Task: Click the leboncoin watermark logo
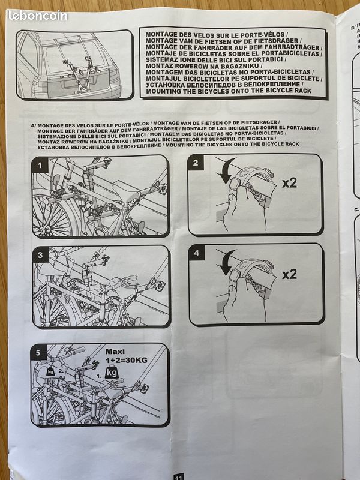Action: [x=38, y=16]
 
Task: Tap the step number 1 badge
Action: [x=40, y=166]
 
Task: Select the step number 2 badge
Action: [x=196, y=163]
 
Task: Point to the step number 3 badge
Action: [x=40, y=254]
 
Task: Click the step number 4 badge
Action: [x=196, y=253]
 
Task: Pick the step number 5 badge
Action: [x=38, y=352]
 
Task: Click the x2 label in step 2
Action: [x=289, y=183]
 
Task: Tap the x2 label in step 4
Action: [x=289, y=274]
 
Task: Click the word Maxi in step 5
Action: [x=115, y=352]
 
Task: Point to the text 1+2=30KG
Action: [x=126, y=360]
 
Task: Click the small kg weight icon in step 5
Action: [x=51, y=371]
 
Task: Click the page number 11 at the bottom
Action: [x=178, y=477]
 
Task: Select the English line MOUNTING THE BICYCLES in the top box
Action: [x=229, y=91]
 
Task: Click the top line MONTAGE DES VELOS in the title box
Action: [x=217, y=35]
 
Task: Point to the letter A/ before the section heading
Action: [x=34, y=125]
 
